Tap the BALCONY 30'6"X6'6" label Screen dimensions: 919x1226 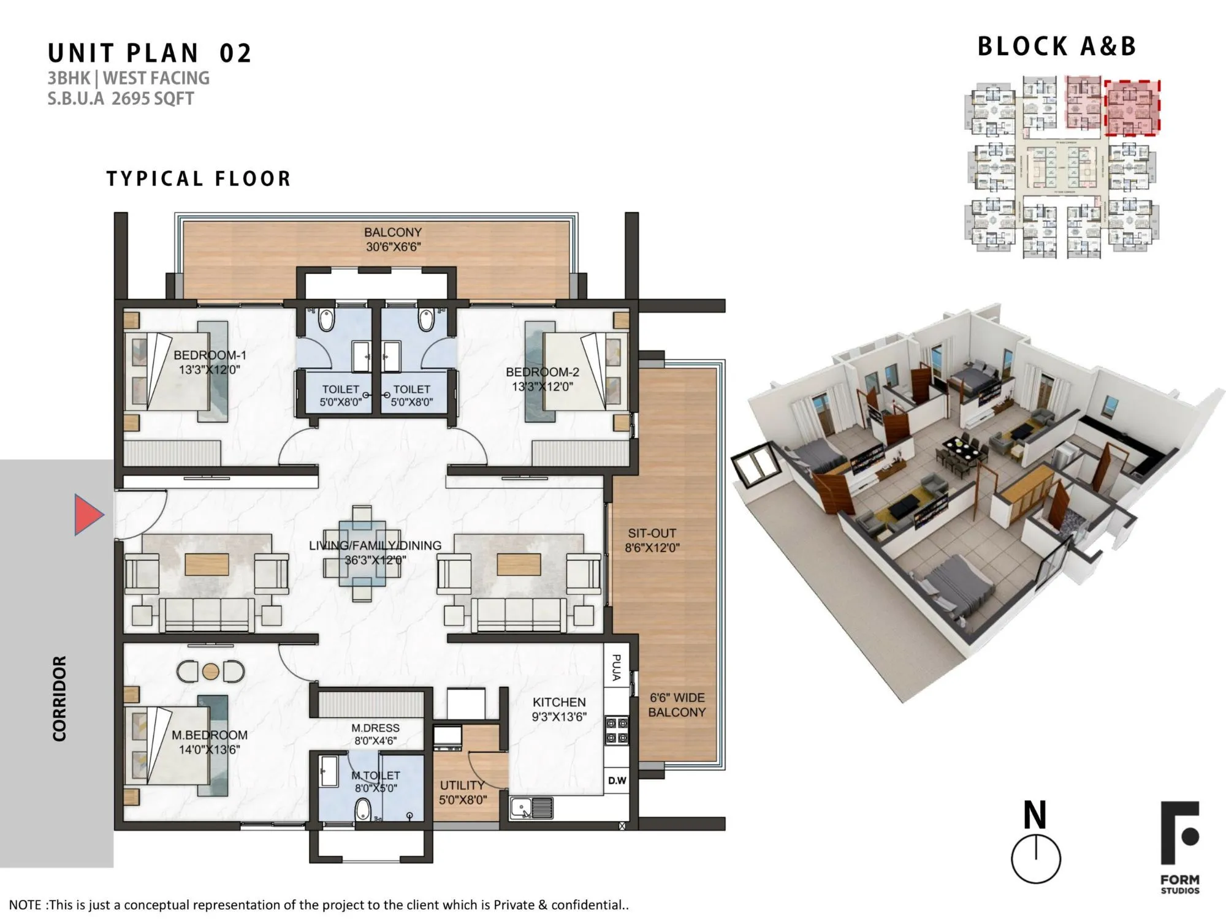tap(392, 240)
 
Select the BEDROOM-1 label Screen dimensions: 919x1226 tap(210, 362)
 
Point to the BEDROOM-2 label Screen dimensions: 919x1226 tap(542, 379)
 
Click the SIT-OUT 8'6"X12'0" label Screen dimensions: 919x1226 tap(652, 540)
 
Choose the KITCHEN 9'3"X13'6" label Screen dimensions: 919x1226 tap(558, 709)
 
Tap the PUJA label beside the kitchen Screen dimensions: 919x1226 tap(617, 667)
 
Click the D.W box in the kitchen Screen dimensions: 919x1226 tap(617, 781)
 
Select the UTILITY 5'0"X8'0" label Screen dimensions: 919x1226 tap(462, 792)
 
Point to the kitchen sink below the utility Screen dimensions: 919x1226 tap(531, 808)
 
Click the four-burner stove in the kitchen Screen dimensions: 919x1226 tap(617, 731)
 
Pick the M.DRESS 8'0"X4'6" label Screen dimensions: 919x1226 tap(375, 734)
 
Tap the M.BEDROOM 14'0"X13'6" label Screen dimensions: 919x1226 tap(209, 742)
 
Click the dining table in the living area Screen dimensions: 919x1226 tap(362, 553)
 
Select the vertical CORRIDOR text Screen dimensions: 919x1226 tap(59, 698)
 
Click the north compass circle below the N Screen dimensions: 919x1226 tap(1035, 858)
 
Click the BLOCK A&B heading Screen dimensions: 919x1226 tap(1056, 47)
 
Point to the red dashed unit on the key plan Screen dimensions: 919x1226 tap(1132, 107)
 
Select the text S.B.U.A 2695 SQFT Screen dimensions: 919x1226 tap(121, 99)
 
